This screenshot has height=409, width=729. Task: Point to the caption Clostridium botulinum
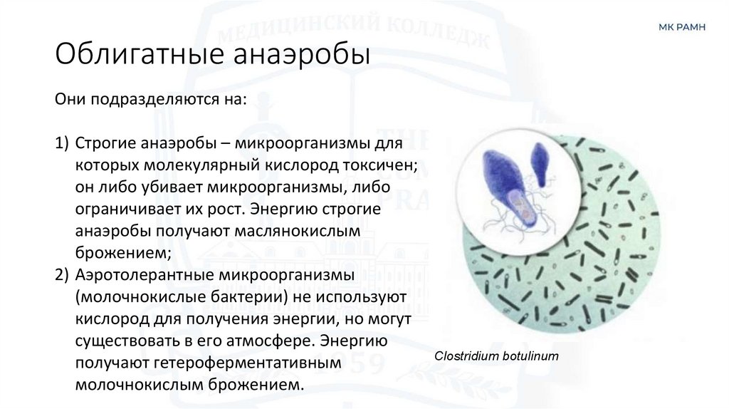[x=496, y=356]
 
